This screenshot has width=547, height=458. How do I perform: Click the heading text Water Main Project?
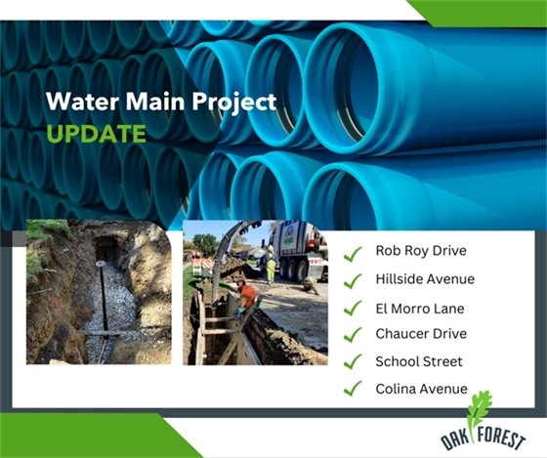pos(162,101)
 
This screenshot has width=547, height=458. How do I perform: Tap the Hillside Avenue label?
pos(425,278)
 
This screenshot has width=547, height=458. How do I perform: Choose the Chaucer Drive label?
pos(421,334)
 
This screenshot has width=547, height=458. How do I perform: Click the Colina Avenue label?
pos(421,389)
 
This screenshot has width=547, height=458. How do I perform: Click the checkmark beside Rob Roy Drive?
pos(353,253)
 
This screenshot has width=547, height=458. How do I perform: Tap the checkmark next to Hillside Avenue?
pos(353,280)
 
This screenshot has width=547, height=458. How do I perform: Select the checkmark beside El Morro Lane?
pos(353,309)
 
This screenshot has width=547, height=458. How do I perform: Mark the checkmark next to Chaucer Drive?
pos(353,335)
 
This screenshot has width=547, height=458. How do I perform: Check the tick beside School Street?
pos(353,362)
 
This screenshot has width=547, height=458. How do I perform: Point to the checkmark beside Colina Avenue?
pos(353,391)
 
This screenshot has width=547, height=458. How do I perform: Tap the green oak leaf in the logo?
pos(481,410)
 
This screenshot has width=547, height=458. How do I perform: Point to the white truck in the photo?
pos(298,249)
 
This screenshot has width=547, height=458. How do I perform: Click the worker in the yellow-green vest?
pos(271,267)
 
